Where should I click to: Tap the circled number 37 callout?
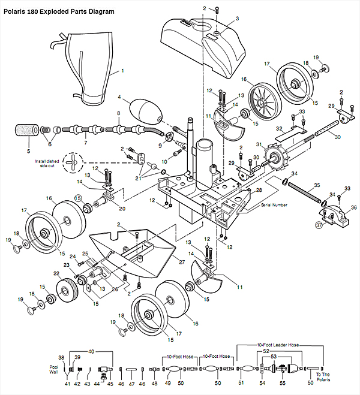pos(319,225)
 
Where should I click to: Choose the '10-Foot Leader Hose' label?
pos(278,345)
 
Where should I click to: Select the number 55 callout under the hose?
pos(283,382)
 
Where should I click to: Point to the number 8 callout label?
pos(119,113)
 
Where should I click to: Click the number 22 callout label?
pos(56,273)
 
